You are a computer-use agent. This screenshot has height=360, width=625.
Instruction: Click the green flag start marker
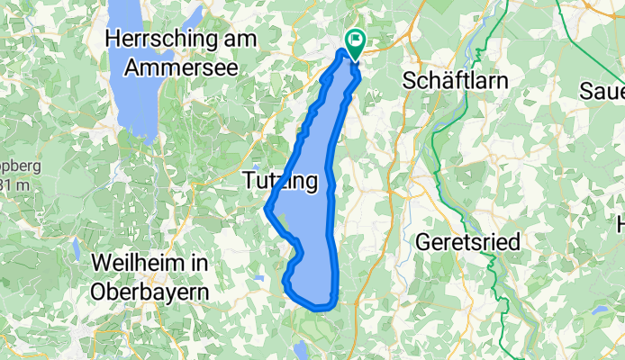(x=355, y=40)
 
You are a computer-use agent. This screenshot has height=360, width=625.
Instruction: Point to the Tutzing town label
(x=280, y=182)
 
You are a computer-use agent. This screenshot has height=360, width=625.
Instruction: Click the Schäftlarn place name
(x=457, y=80)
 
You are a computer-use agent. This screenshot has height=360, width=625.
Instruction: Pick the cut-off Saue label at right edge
(x=603, y=91)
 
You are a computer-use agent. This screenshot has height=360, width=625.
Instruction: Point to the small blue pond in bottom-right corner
(x=598, y=310)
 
